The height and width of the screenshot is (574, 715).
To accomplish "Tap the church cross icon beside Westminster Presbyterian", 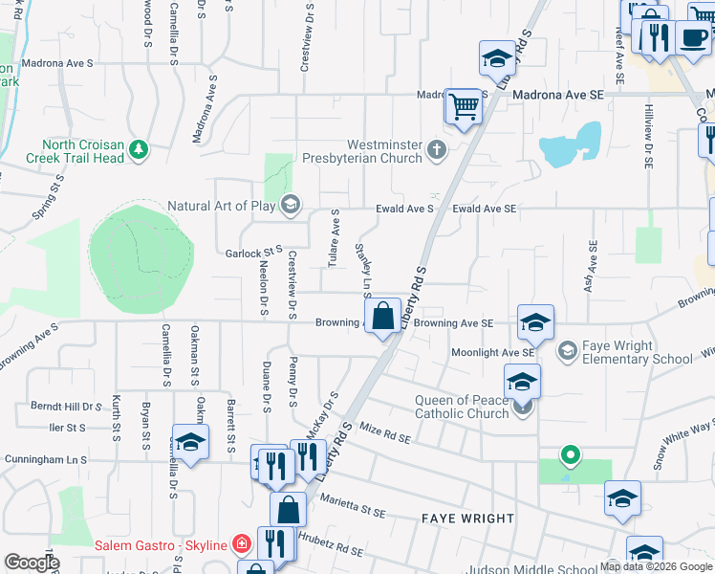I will pyautogui.click(x=437, y=148).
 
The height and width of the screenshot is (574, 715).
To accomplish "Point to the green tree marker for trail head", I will pyautogui.click(x=140, y=148).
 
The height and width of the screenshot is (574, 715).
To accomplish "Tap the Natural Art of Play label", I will pyautogui.click(x=222, y=205).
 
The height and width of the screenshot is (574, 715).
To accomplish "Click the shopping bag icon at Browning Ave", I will pyautogui.click(x=382, y=315).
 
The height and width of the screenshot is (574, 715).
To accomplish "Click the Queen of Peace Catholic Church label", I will pyautogui.click(x=461, y=408).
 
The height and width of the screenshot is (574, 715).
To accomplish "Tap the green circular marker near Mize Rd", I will pyautogui.click(x=571, y=454).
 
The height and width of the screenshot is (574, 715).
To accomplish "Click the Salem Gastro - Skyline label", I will pyautogui.click(x=161, y=545).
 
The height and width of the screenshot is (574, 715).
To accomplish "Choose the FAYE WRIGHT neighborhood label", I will pyautogui.click(x=468, y=519).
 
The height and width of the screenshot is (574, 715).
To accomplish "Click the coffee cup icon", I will pyautogui.click(x=692, y=37).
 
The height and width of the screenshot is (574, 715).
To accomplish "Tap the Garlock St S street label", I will pyautogui.click(x=254, y=254).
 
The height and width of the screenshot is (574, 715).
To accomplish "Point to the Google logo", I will pyautogui.click(x=31, y=563).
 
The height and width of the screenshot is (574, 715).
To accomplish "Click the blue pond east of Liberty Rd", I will pyautogui.click(x=571, y=146).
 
